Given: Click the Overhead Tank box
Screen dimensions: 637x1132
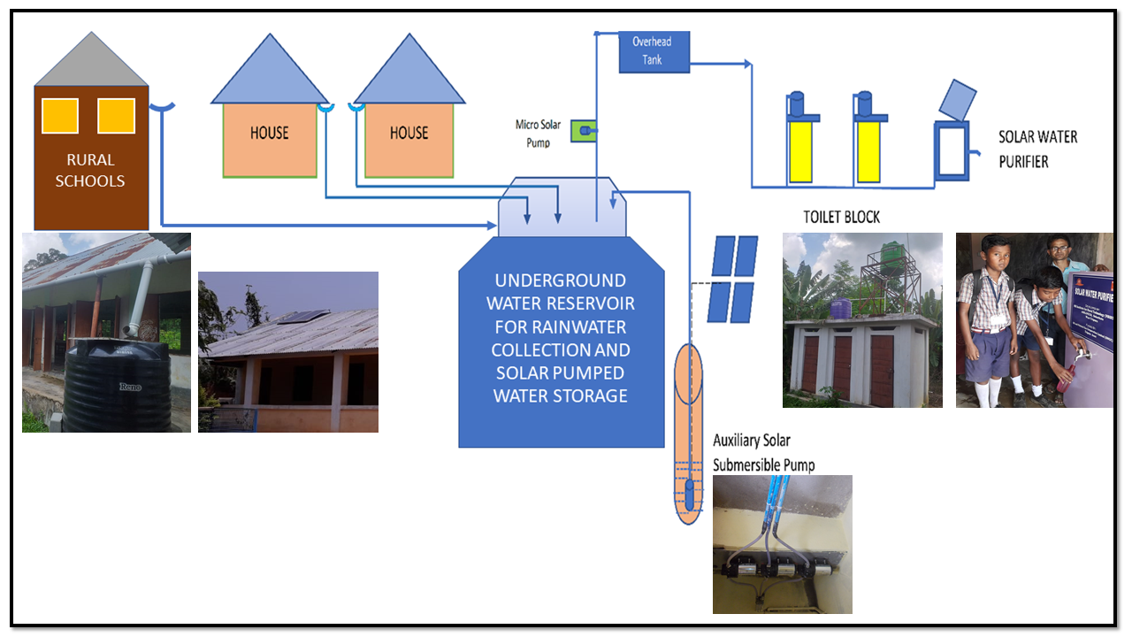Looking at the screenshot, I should tap(654, 51).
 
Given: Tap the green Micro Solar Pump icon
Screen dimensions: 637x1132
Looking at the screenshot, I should tap(584, 131).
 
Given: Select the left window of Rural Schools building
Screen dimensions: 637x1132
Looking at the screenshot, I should tap(60, 116).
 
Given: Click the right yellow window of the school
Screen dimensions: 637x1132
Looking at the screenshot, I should tap(116, 116).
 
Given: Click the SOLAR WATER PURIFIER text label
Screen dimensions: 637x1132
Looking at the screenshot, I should tap(1037, 150).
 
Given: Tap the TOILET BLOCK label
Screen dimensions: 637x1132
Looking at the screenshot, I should tap(841, 217).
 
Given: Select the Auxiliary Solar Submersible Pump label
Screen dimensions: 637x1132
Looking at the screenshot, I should tap(763, 452).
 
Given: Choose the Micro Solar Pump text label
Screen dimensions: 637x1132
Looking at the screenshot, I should tap(538, 133).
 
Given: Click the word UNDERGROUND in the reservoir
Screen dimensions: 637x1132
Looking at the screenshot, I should tap(561, 281).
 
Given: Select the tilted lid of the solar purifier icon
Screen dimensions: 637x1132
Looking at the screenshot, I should tap(957, 99).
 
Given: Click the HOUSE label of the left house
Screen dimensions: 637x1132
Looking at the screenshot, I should tap(269, 133).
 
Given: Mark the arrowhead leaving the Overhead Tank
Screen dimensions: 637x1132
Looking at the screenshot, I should tap(747, 64).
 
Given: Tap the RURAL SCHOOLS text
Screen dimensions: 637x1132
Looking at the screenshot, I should tap(90, 171).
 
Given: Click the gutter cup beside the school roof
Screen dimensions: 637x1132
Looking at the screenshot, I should tap(162, 108).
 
